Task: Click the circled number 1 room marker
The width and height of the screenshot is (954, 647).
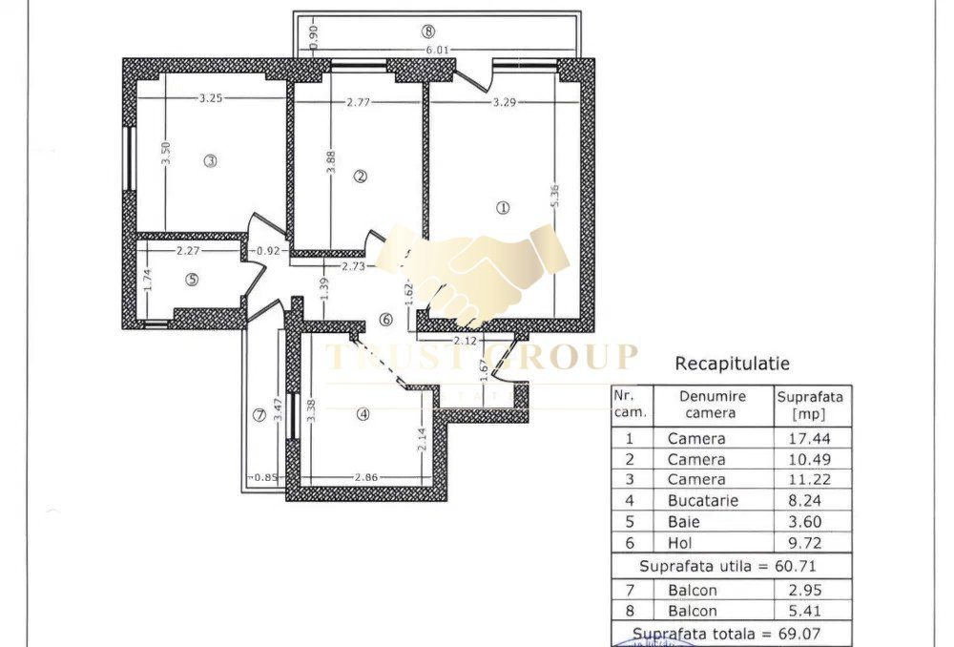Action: coord(504,207)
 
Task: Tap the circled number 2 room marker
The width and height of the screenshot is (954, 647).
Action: coord(360,176)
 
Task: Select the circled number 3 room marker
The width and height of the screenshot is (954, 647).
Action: coord(210,161)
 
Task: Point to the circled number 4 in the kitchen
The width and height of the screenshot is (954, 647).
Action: coord(363,413)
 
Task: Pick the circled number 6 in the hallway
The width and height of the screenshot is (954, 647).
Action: coord(385,320)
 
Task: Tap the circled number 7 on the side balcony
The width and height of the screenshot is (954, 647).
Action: coord(258,415)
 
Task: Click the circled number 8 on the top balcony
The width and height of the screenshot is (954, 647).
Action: coord(427,31)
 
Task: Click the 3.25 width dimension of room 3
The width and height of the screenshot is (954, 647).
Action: coord(211,98)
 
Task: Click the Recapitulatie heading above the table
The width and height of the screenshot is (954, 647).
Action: coord(732,364)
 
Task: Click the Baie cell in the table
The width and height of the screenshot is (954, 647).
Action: coord(684,521)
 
